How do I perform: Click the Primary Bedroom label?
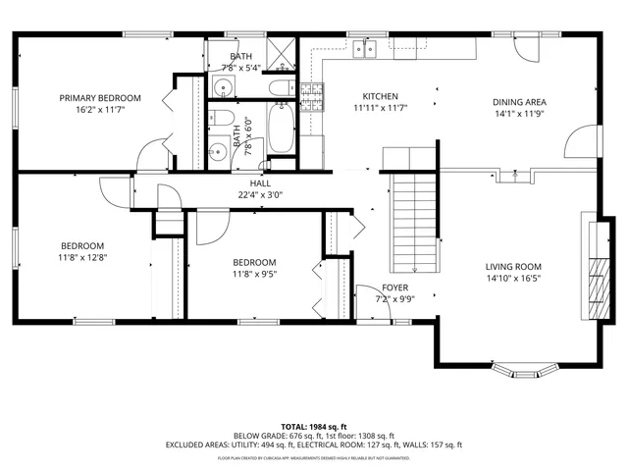pos(99,98)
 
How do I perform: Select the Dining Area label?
pos(519,102)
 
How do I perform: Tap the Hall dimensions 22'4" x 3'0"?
pos(260,194)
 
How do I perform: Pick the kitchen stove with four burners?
pos(313,94)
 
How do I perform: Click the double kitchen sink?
pos(369,47)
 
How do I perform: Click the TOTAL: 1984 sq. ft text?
pos(313,427)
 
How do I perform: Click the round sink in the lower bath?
pos(215,152)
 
